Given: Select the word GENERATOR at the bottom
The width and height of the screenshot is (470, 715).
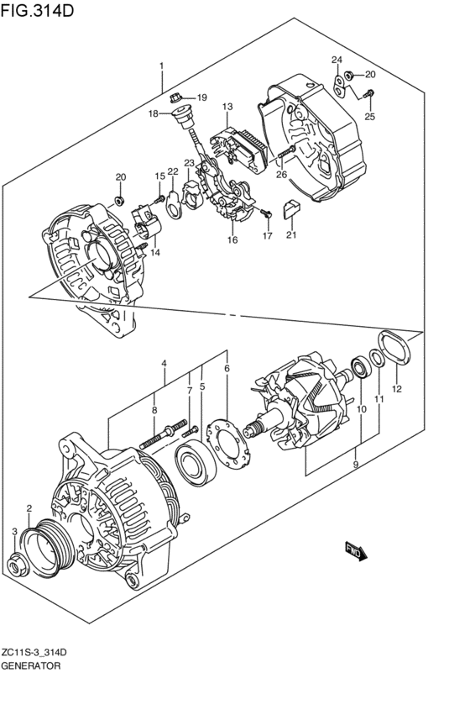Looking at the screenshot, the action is point(30,665).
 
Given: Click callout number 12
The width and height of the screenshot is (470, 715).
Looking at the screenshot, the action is point(397,389).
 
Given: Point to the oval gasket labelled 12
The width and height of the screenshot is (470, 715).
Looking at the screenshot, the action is point(394,348).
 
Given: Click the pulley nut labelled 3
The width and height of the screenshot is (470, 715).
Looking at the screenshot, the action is point(18,565).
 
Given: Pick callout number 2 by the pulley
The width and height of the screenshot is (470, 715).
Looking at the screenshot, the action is point(29,508).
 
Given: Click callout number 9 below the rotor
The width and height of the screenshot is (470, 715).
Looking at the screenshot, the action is point(356,464).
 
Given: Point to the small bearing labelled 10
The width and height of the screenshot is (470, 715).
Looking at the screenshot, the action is point(361,367).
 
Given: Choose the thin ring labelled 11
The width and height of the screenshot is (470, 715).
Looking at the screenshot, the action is point(377,358).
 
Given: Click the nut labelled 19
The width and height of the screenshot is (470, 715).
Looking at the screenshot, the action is point(175,97).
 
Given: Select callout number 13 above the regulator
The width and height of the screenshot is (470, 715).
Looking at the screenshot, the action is point(227,107).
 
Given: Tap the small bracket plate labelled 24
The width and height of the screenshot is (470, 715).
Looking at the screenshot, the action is point(339,87).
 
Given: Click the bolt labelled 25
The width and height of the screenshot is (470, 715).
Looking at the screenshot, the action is point(368,94).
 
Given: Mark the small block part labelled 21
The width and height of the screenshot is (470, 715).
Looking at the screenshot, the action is point(291,209).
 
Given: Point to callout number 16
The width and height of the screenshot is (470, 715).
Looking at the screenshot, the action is point(232,239).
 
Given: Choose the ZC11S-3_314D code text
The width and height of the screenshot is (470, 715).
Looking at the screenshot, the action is point(34,653).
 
